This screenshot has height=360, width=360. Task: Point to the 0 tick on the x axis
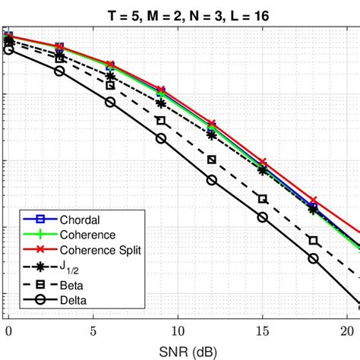[x=8, y=331]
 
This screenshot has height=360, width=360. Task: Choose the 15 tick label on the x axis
[x=262, y=331]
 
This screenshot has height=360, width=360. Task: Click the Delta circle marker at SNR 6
[x=110, y=102]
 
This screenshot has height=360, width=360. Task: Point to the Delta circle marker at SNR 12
[x=212, y=180]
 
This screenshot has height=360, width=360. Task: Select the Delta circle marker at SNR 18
[x=313, y=258]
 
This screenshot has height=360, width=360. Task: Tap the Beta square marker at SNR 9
[x=161, y=121]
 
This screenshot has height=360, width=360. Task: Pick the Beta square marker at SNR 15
[x=263, y=199]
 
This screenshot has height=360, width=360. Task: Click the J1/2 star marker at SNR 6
[x=110, y=76]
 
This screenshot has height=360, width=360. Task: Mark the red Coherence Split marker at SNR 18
[x=313, y=201]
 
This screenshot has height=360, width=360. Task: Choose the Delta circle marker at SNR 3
[x=59, y=71]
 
